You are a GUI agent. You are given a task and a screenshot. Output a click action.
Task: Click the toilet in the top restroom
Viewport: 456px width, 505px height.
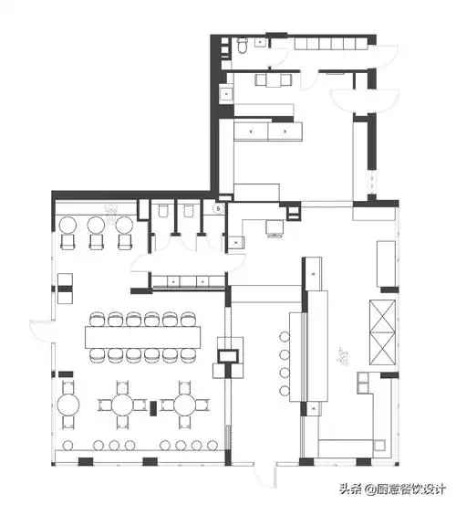pos(242,46)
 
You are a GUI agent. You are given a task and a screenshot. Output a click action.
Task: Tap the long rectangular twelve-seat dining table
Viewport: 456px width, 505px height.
pos(143,337)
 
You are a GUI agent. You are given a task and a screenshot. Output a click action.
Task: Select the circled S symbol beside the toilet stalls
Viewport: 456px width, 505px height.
pos(219,209)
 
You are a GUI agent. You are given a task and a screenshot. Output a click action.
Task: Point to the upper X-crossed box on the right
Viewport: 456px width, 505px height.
pos(382,316)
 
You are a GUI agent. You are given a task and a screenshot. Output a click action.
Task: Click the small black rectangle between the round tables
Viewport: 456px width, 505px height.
pos(154,408)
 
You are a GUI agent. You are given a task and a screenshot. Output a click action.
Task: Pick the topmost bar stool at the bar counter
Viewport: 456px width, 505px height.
pos(285,337)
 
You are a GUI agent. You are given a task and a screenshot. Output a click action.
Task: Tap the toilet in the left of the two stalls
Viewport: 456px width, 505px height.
pos(163,211)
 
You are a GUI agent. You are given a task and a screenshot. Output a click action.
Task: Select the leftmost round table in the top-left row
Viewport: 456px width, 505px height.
pos(67,226)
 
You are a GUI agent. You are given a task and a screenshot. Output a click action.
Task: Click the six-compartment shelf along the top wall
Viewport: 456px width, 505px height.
pos(331,43)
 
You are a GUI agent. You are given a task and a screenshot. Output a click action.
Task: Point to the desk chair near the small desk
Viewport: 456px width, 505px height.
pos(275,229)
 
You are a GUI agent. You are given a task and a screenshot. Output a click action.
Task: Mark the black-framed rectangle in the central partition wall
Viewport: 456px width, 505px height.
pos(229,356)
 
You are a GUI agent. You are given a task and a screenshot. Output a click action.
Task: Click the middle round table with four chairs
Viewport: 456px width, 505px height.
pos(122,405)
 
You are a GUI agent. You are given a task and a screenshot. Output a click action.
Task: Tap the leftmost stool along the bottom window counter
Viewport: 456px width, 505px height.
pos(67,445)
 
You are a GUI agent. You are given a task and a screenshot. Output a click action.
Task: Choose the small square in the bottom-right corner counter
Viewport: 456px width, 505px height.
pos(379,446)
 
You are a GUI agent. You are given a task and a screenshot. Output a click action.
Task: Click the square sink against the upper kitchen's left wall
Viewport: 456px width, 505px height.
pos(227,94)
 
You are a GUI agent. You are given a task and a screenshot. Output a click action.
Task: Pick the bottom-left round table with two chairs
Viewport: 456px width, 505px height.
pos(68,405)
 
